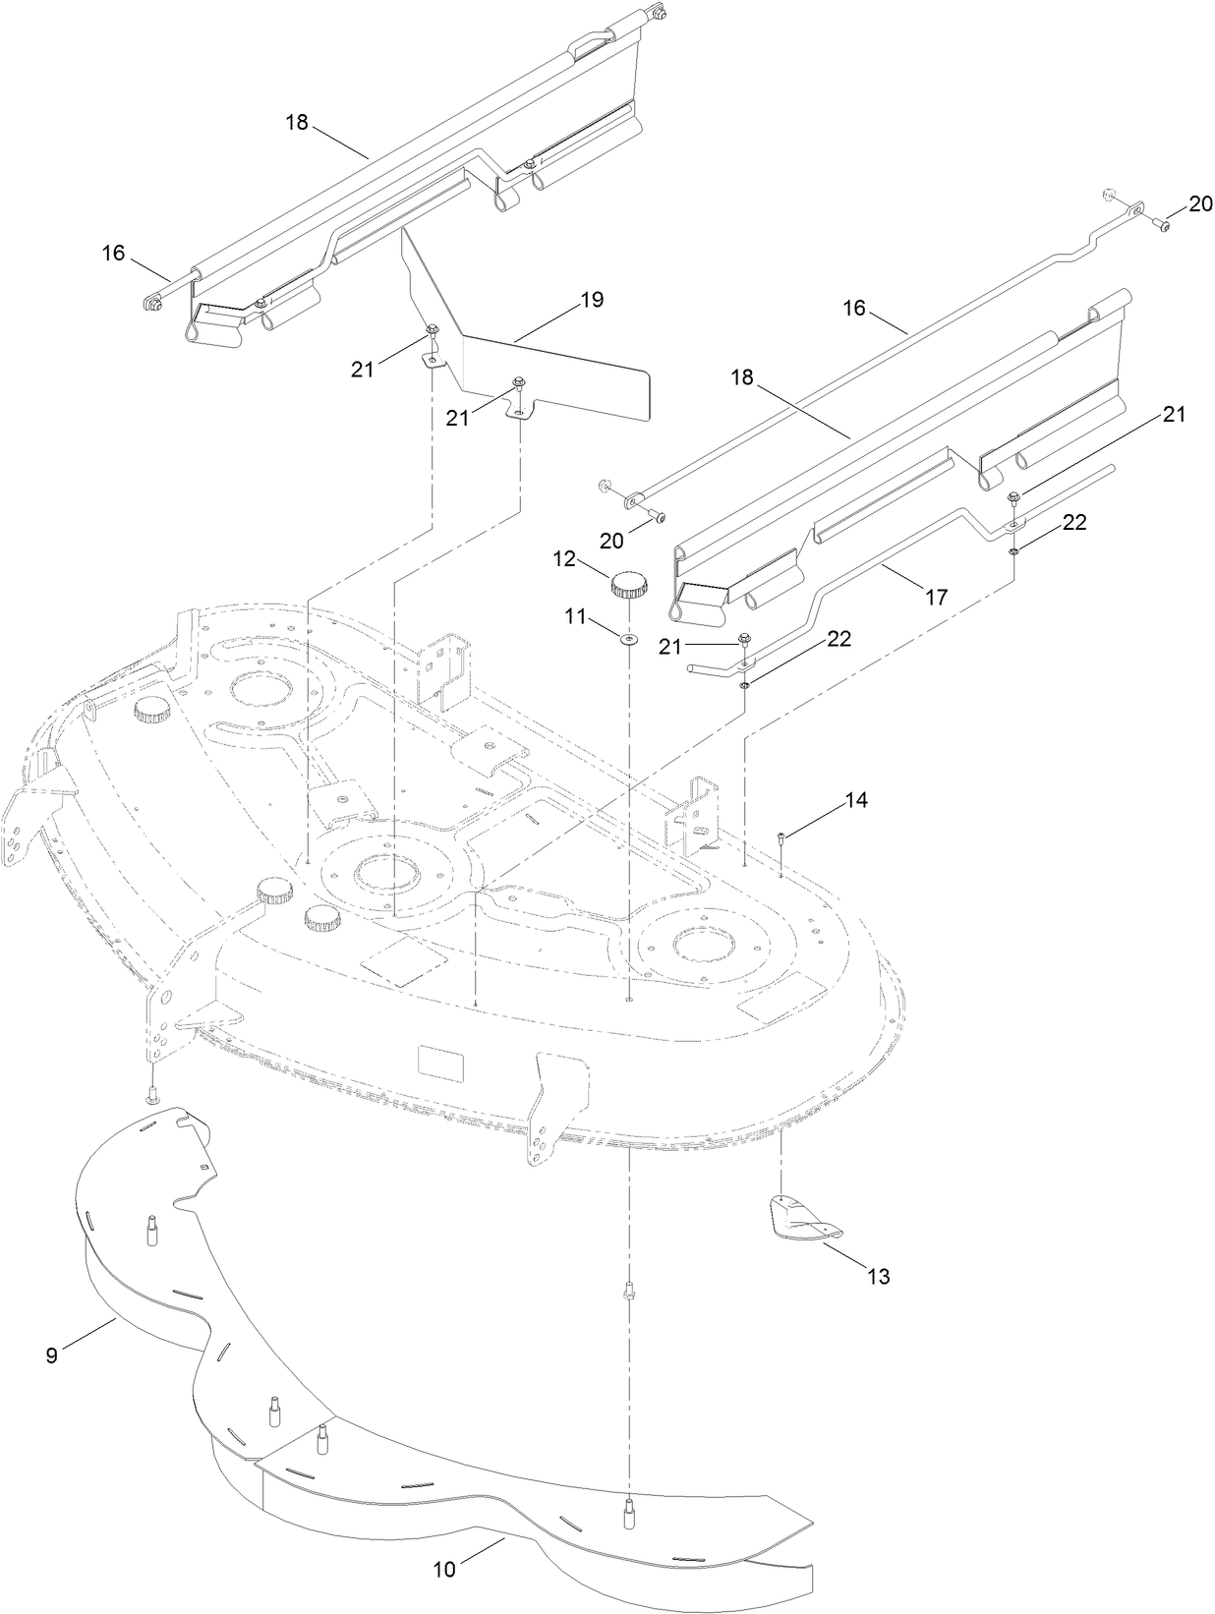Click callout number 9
click(x=51, y=1355)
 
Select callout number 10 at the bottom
click(x=444, y=1570)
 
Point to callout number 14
click(x=855, y=800)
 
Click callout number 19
click(x=591, y=300)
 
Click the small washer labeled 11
click(x=628, y=640)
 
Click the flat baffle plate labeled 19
click(x=550, y=378)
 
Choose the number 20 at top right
click(x=1200, y=203)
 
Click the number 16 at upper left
click(x=113, y=253)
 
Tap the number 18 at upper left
click(x=297, y=122)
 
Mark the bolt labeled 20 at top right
click(x=1162, y=225)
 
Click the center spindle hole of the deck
click(x=386, y=870)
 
